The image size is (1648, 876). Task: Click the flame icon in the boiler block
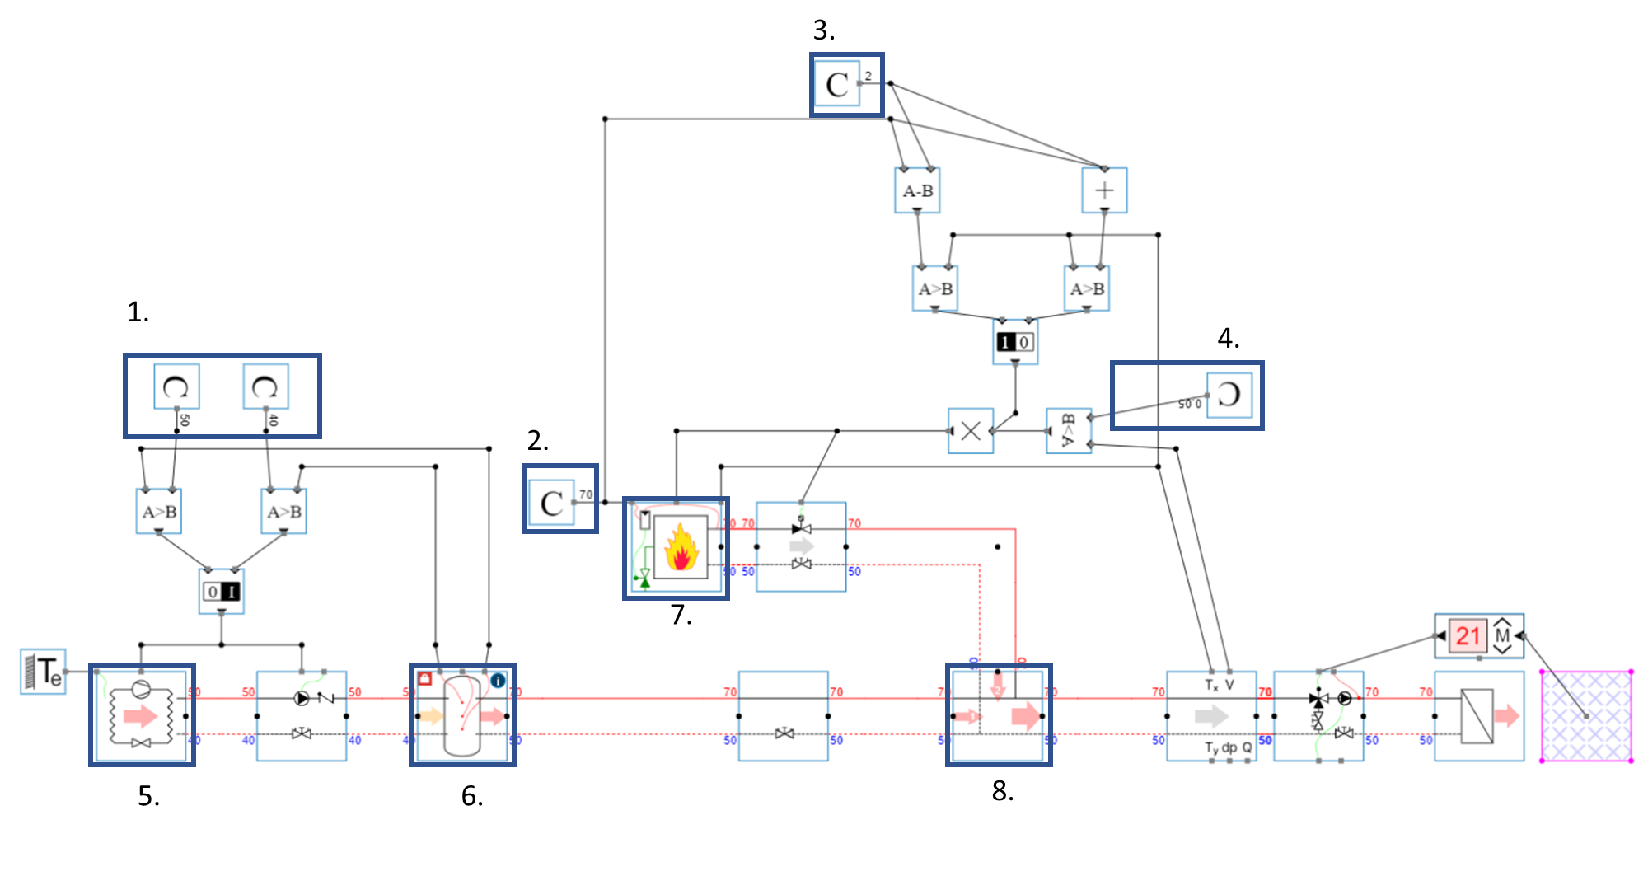(681, 548)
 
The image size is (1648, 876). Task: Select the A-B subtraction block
(917, 190)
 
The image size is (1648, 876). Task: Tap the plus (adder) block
(1104, 190)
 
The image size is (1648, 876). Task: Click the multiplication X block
(971, 430)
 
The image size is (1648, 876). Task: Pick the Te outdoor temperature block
(43, 672)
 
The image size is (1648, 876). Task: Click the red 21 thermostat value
(1468, 636)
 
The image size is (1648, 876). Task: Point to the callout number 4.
(1228, 338)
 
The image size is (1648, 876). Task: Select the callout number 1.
(138, 312)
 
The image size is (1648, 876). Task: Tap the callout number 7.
(681, 615)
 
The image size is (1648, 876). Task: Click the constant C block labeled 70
(551, 503)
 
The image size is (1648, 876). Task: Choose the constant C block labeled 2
(836, 84)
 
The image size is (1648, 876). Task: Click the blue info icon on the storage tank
(498, 681)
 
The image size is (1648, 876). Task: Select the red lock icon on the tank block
(425, 679)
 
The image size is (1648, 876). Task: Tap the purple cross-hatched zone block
(1586, 715)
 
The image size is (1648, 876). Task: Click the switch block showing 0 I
(222, 591)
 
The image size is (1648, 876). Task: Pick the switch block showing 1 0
(1014, 342)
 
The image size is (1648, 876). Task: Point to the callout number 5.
(148, 796)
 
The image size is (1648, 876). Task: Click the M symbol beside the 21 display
(1502, 636)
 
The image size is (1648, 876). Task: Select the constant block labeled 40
(265, 386)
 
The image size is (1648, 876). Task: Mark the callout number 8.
(1002, 791)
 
